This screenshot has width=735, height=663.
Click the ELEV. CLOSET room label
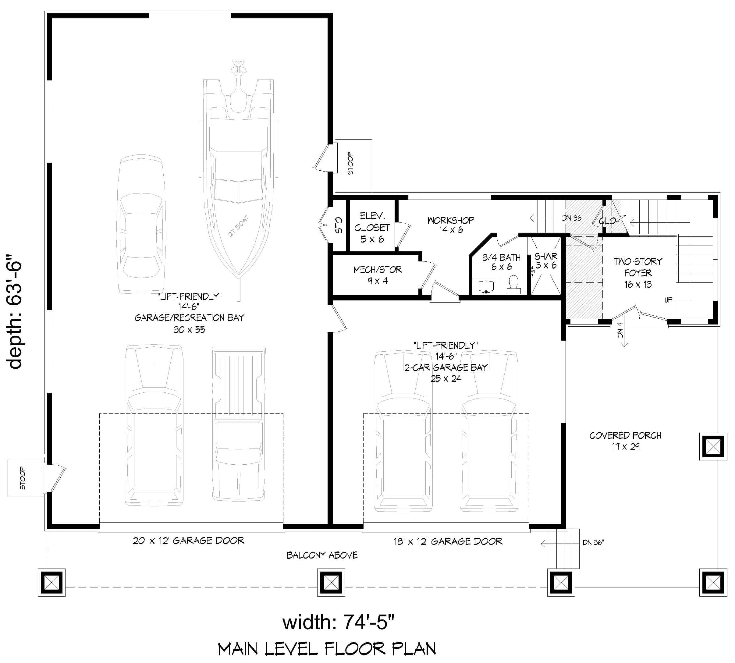tap(372, 227)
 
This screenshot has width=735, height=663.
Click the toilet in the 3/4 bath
tap(513, 285)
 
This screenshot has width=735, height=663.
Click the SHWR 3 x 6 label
tap(545, 261)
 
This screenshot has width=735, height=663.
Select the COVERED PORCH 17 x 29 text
tap(625, 440)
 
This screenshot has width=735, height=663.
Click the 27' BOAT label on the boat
tap(239, 226)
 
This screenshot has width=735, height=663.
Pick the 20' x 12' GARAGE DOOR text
tap(188, 540)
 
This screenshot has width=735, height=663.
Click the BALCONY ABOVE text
tap(322, 555)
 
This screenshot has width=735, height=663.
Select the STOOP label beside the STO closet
tap(350, 163)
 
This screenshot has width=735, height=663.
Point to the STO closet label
tap(339, 225)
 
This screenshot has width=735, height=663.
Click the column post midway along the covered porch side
tap(713, 446)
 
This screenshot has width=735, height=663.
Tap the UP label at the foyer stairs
tap(668, 300)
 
